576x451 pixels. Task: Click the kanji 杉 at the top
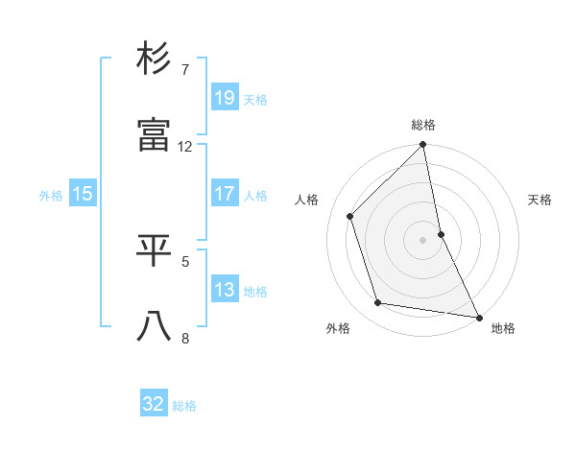point(155,60)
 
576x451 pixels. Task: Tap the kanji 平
point(155,249)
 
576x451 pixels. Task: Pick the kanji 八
point(155,326)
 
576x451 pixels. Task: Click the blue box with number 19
point(224,98)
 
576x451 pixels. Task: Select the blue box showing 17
point(224,194)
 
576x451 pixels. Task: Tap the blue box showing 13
point(224,290)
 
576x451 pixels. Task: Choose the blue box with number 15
point(83,194)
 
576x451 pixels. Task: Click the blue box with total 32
point(154,404)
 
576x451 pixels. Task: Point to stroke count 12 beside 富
point(185,147)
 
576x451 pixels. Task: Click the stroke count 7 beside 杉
point(185,70)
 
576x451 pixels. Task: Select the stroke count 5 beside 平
point(185,259)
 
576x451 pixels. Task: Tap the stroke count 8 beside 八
point(185,337)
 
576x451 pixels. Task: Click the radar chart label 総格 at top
point(423,125)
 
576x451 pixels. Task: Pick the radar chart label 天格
point(540,200)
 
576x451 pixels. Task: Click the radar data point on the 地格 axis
point(477,317)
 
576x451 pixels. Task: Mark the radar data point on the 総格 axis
point(423,146)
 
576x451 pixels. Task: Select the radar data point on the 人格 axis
point(350,216)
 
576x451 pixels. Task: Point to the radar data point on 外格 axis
point(378,303)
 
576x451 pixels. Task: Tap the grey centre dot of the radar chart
point(423,240)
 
